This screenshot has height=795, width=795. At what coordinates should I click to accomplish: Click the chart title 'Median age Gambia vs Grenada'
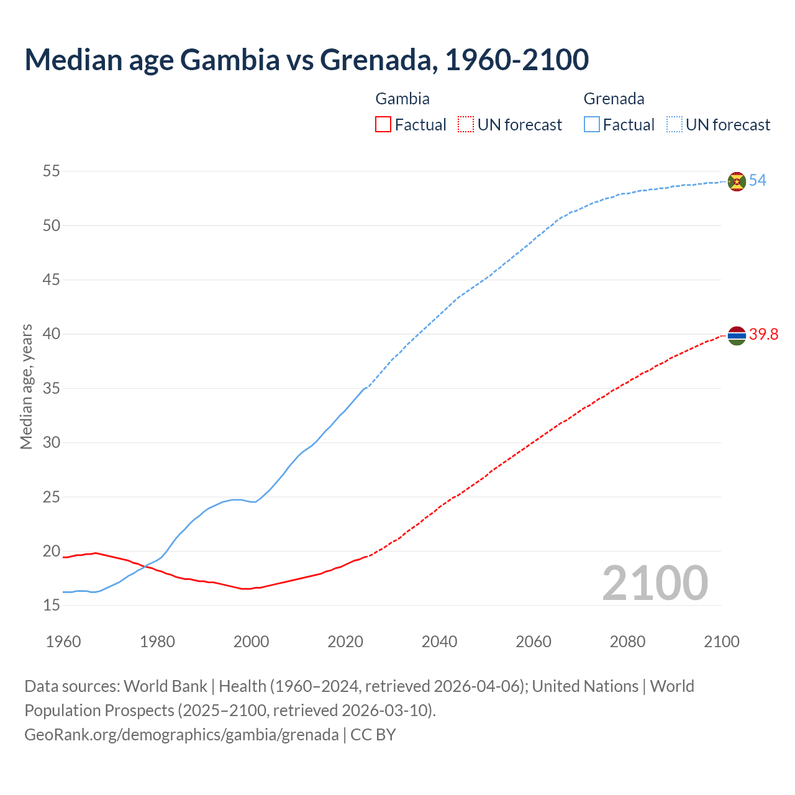click(x=306, y=60)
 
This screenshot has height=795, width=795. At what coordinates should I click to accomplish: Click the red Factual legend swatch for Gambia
click(x=383, y=125)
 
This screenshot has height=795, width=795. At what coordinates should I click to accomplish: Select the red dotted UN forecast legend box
click(x=466, y=125)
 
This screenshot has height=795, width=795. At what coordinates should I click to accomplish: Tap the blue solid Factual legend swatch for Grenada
click(x=592, y=125)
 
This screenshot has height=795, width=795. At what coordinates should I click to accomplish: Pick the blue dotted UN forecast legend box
click(x=674, y=125)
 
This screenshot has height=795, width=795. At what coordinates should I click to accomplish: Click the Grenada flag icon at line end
click(x=737, y=181)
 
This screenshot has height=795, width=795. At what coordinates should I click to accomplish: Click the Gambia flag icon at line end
click(x=737, y=335)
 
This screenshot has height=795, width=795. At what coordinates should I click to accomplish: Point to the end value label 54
click(x=757, y=181)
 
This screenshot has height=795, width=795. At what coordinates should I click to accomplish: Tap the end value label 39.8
click(x=763, y=335)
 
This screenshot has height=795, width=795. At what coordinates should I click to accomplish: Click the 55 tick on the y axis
click(x=52, y=171)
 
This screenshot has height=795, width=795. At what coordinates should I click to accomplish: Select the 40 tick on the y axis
click(x=52, y=334)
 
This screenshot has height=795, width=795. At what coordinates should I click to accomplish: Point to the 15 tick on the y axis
click(x=52, y=605)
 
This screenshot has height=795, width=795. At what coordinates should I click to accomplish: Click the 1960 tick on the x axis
click(x=63, y=642)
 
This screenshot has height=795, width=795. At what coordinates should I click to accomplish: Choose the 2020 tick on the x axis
click(x=345, y=642)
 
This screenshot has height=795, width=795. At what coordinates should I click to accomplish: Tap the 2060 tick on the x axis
click(x=534, y=642)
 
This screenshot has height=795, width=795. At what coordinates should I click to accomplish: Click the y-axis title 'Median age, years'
click(x=26, y=386)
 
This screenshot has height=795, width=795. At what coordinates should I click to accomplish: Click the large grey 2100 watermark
click(x=655, y=583)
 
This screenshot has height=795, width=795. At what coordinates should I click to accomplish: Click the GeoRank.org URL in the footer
click(x=181, y=735)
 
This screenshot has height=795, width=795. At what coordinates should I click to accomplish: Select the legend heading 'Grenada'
click(x=614, y=99)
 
